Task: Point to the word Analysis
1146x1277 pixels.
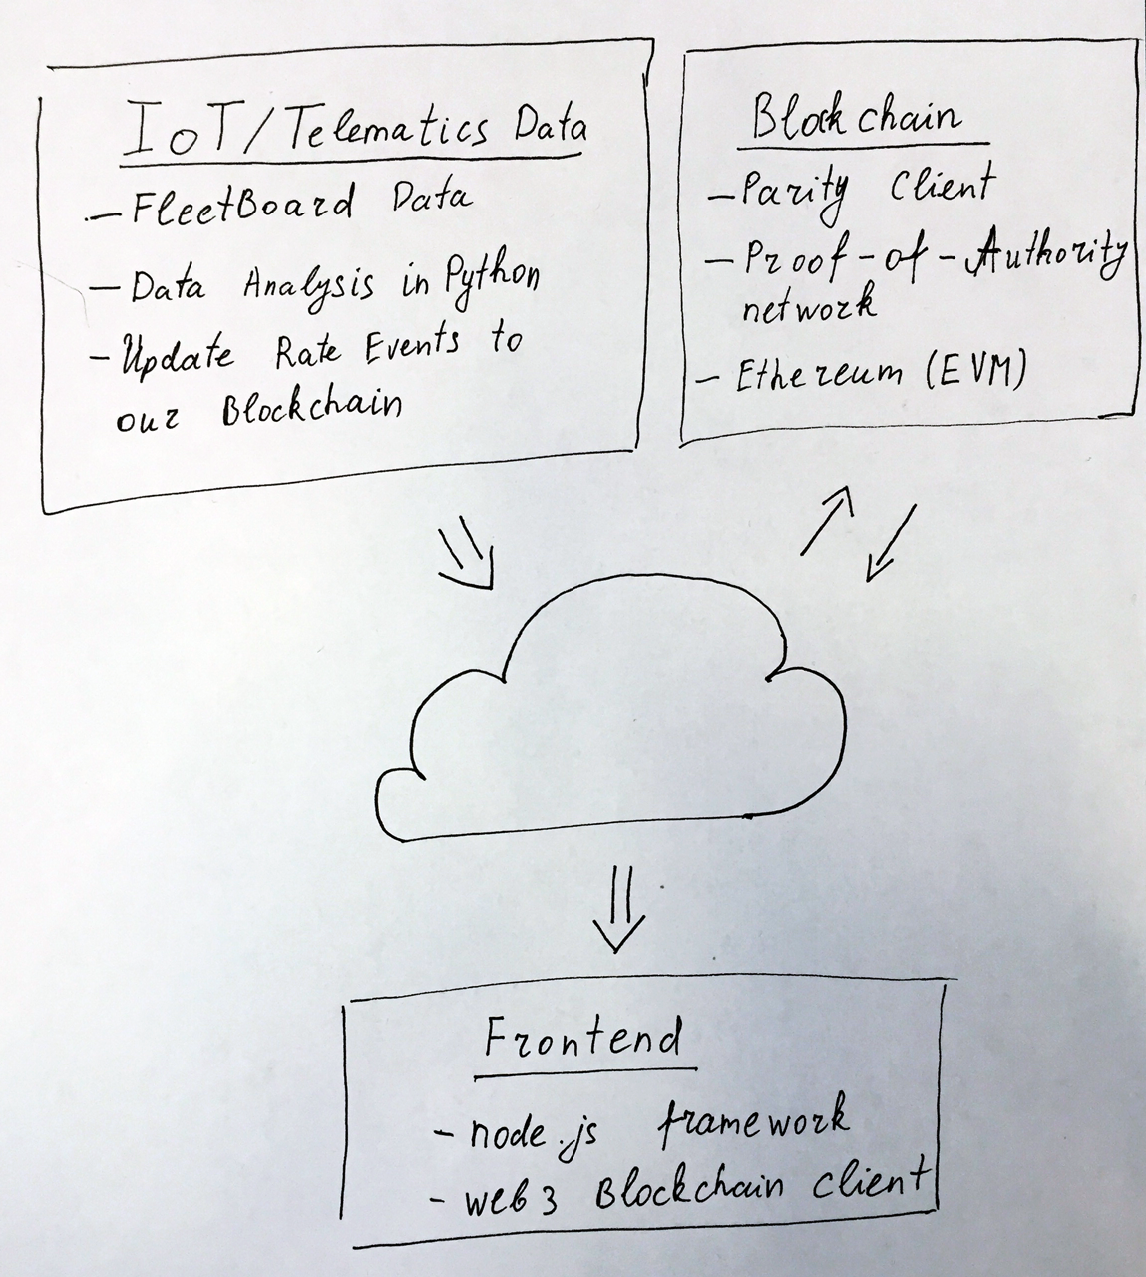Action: [310, 284]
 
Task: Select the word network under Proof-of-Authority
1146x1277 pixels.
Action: [807, 303]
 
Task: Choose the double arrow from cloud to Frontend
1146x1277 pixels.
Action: [618, 909]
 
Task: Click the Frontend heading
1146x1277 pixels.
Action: [583, 1040]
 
